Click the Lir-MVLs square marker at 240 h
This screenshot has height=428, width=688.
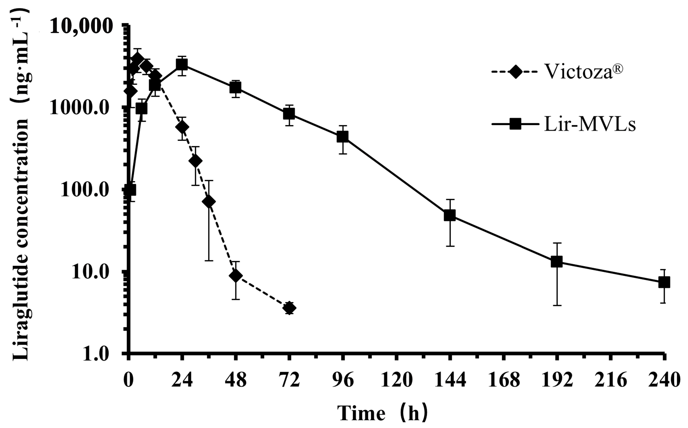tap(664, 282)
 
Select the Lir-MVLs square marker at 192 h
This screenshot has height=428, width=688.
tap(557, 262)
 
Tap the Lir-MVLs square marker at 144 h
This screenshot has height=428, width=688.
tap(450, 216)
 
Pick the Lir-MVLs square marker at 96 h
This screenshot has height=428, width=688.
tap(343, 137)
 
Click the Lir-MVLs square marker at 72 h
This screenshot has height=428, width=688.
tap(289, 113)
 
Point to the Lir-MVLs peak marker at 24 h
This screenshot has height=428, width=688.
tap(182, 64)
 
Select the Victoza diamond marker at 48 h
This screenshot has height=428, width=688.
tap(235, 276)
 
